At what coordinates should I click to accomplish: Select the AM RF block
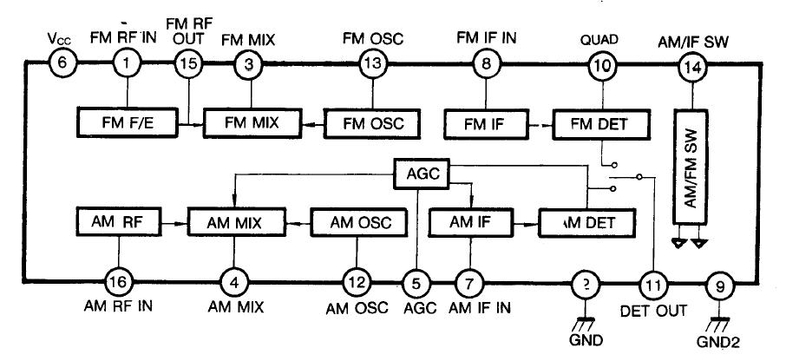click(x=120, y=221)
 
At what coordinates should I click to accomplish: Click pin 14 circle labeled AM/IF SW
click(x=691, y=63)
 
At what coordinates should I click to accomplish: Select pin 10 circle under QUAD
click(x=600, y=63)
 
